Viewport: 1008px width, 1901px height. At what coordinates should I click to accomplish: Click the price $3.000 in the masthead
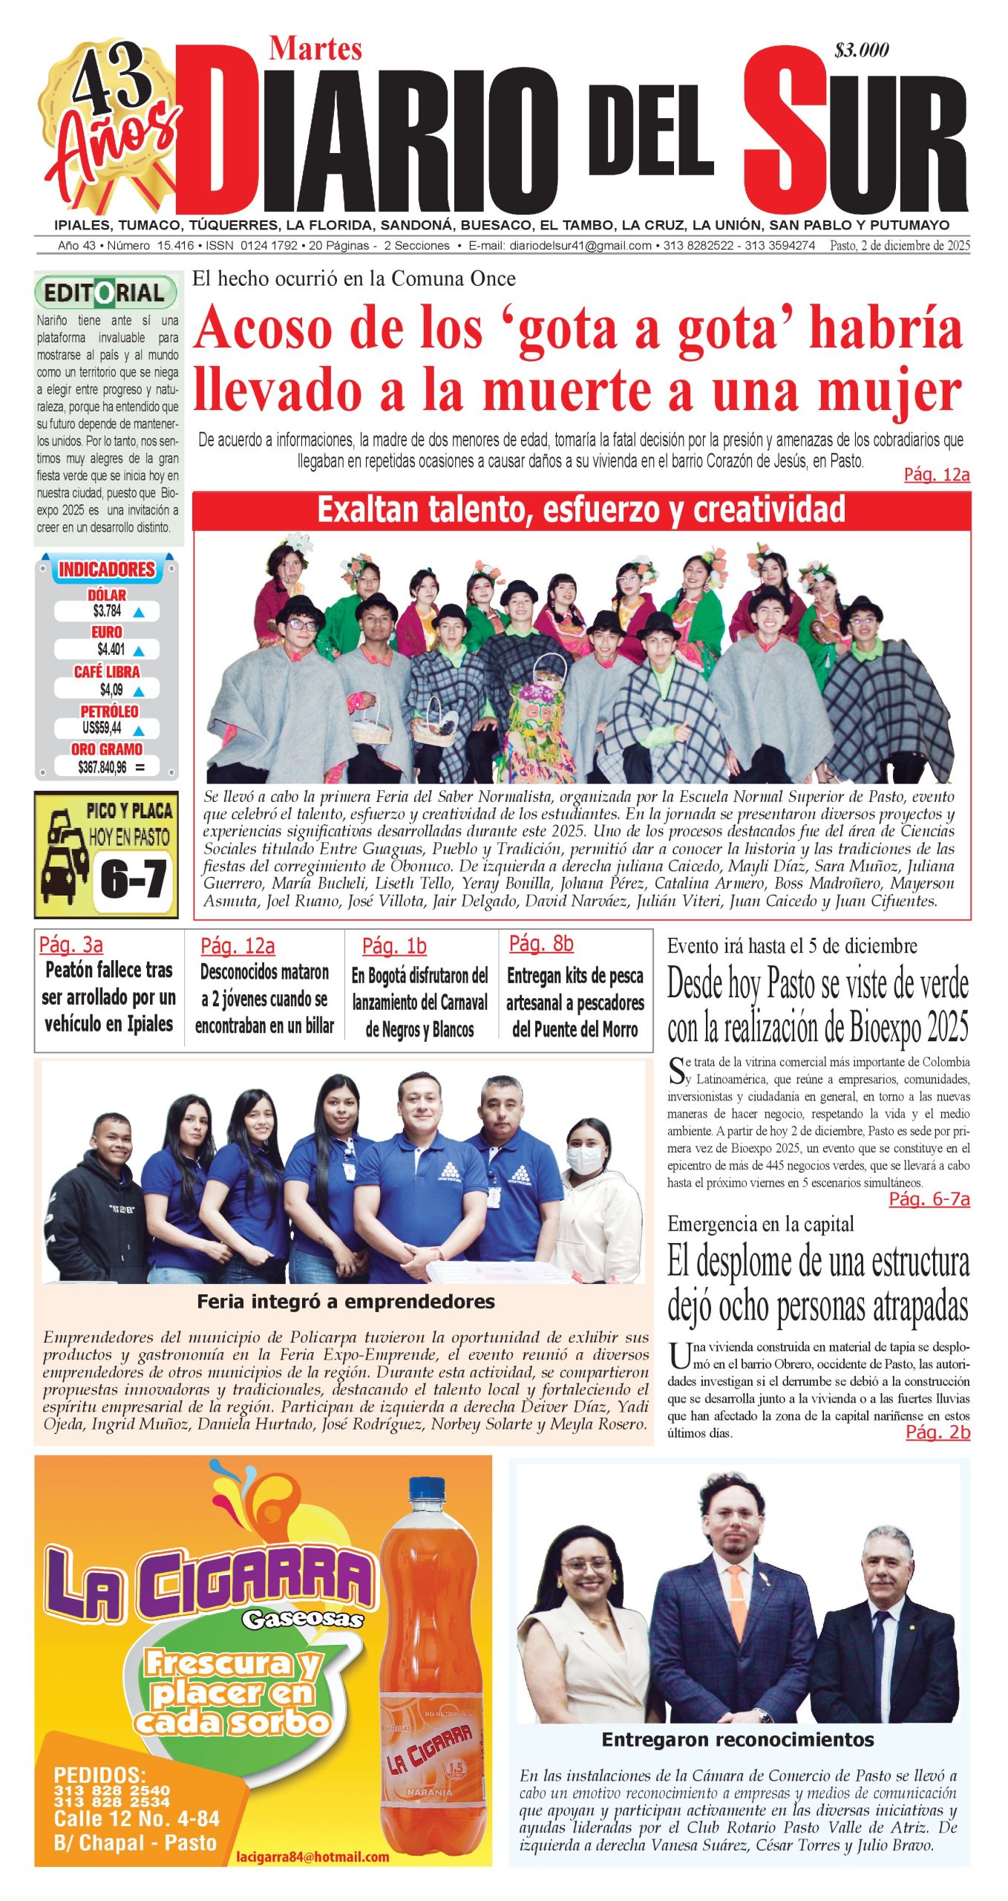pos(861,50)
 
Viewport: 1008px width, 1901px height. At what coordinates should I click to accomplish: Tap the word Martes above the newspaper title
pos(315,49)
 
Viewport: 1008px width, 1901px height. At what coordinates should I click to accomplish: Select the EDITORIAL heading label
pos(105,293)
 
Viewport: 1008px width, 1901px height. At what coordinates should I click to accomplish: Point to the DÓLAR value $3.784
pos(107,611)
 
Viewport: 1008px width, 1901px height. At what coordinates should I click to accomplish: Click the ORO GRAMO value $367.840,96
pos(102,767)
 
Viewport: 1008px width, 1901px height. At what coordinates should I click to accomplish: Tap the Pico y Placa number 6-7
pos(133,879)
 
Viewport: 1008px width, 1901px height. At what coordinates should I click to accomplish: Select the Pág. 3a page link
pos(71,945)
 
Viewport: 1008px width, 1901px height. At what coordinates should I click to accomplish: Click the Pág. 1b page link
pos(394,946)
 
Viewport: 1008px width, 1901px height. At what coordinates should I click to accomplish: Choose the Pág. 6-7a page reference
pos(929,1199)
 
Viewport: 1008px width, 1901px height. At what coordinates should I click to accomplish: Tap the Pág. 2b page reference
pos(937,1432)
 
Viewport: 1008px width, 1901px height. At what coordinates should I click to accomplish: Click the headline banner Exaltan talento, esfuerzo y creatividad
pos(581,510)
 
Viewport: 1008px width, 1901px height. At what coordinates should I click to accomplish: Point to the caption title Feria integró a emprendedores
pos(346,1301)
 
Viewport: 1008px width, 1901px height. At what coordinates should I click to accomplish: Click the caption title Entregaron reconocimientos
pos(738,1739)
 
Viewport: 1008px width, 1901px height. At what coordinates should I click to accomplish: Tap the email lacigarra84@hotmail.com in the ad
pos(312,1856)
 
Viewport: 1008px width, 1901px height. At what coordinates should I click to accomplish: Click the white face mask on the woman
pos(586,1158)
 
